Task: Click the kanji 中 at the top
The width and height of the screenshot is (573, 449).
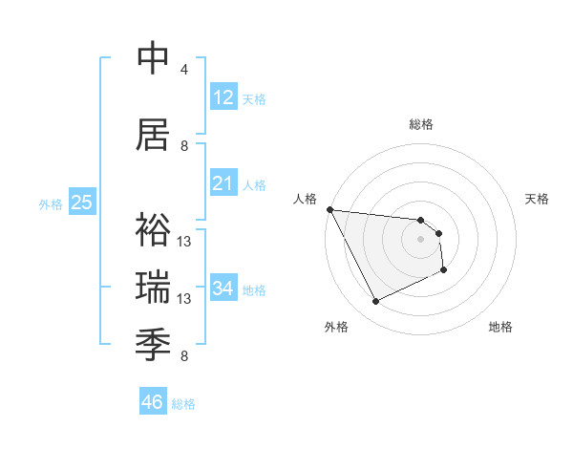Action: point(154,59)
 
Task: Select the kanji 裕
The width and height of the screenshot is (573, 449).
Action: point(154,229)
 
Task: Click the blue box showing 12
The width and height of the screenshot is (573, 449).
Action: point(223,97)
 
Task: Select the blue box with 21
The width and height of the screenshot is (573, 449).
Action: point(223,183)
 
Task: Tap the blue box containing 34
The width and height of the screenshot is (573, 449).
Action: point(223,289)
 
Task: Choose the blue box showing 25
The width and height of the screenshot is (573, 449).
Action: point(81,203)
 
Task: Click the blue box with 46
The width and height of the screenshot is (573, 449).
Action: point(152,402)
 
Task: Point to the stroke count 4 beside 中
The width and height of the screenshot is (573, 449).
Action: point(184,70)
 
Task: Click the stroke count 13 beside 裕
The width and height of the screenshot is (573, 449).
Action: point(184,241)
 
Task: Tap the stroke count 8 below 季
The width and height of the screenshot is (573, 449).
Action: point(184,356)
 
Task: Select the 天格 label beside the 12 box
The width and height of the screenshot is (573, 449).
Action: point(253,98)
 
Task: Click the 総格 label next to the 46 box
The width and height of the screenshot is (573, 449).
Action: point(183,403)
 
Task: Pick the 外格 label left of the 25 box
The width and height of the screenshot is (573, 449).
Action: point(51,203)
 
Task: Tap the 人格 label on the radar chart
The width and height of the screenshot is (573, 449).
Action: point(306,199)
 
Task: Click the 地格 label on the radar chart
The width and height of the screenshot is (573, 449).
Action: point(500,328)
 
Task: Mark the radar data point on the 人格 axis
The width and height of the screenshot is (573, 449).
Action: point(329,209)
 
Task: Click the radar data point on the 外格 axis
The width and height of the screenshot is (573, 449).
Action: point(375,302)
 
